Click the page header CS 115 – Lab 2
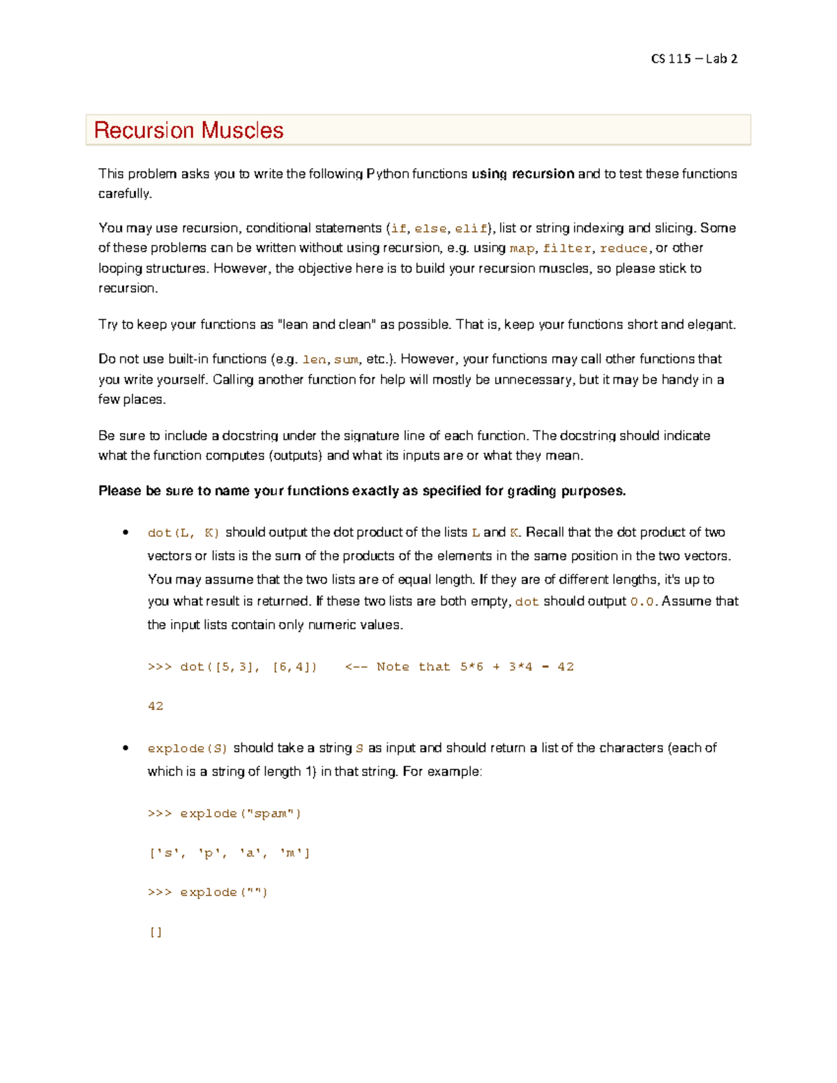click(x=693, y=59)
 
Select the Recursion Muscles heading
click(x=188, y=130)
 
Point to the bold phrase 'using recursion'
click(x=522, y=174)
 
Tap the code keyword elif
click(x=471, y=229)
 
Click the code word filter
click(x=567, y=248)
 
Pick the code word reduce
click(x=624, y=248)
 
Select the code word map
click(x=522, y=248)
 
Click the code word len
click(x=314, y=360)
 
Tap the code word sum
click(x=346, y=360)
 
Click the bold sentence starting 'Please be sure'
click(x=362, y=491)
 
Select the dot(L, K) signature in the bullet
click(x=183, y=533)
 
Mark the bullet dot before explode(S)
click(x=126, y=748)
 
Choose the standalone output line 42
click(x=156, y=706)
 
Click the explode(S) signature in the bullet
click(x=188, y=748)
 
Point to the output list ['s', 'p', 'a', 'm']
click(x=229, y=853)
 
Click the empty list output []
click(x=156, y=932)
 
